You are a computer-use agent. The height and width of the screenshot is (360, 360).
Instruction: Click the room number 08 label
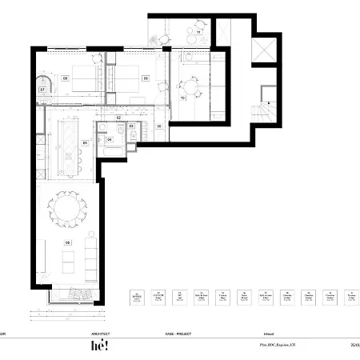click(x=66, y=78)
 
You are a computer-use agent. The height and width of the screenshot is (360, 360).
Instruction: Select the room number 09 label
click(x=146, y=78)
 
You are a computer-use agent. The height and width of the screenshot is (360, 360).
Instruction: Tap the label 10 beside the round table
click(x=183, y=97)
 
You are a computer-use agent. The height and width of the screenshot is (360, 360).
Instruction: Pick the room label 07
click(x=42, y=90)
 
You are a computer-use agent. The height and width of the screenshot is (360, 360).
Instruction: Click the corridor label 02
click(x=118, y=118)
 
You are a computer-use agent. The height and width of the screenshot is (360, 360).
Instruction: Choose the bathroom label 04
click(x=110, y=138)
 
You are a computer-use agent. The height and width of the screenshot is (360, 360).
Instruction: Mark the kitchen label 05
click(x=85, y=144)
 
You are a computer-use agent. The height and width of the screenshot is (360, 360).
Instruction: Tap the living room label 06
click(x=68, y=242)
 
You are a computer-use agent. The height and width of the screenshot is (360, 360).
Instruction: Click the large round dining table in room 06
click(x=68, y=210)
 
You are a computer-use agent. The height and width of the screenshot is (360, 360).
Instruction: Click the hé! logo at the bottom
click(x=99, y=346)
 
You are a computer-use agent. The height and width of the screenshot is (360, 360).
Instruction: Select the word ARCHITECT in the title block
click(x=102, y=333)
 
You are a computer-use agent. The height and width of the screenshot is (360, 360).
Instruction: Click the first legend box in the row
click(x=135, y=298)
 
